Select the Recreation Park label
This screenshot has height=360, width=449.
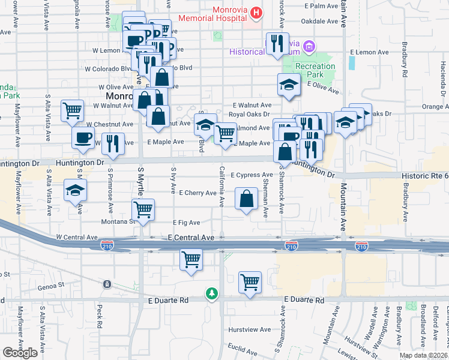pyautogui.click(x=315, y=70)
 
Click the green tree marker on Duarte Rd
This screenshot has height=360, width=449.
pyautogui.click(x=211, y=293)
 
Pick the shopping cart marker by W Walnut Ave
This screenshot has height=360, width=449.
pyautogui.click(x=72, y=110)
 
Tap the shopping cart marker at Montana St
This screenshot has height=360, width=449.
pyautogui.click(x=143, y=209)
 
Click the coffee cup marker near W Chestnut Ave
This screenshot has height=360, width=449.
pyautogui.click(x=83, y=137)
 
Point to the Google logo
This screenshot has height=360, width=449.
pyautogui.click(x=20, y=353)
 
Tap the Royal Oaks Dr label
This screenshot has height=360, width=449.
pyautogui.click(x=252, y=116)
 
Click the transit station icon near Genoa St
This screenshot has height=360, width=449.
pyautogui.click(x=106, y=284)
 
